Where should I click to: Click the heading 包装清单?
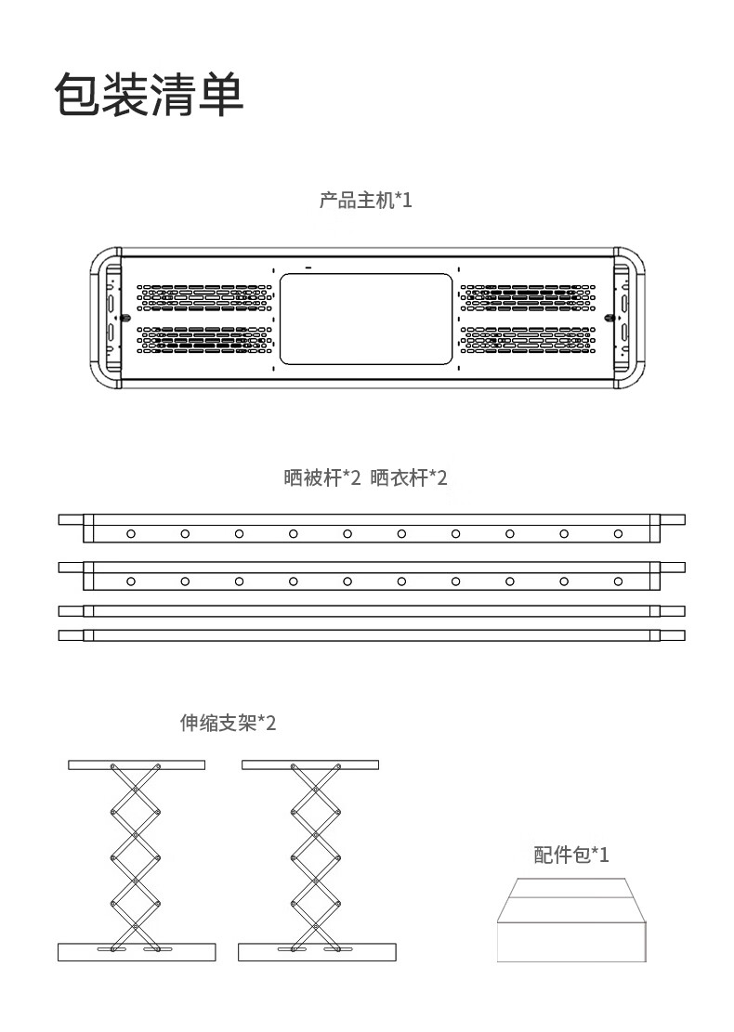point(149,95)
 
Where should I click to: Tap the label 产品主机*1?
point(365,200)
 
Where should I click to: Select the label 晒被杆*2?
point(321,478)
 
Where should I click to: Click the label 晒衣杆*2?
point(409,478)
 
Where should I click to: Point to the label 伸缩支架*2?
point(228,723)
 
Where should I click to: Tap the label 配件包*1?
point(571,855)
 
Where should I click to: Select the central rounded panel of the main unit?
point(365,318)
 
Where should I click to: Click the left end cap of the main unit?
point(105,317)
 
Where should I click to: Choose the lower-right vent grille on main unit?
point(527,340)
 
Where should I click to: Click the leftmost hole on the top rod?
point(131,533)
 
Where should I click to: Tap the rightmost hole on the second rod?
point(618,581)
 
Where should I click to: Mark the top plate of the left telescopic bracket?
point(137,764)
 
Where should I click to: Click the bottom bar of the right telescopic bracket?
point(317,952)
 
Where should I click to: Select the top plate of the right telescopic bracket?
point(311,764)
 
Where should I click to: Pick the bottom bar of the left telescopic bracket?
point(137,952)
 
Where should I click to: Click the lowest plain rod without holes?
point(372,635)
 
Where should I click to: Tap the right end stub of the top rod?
point(673,519)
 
